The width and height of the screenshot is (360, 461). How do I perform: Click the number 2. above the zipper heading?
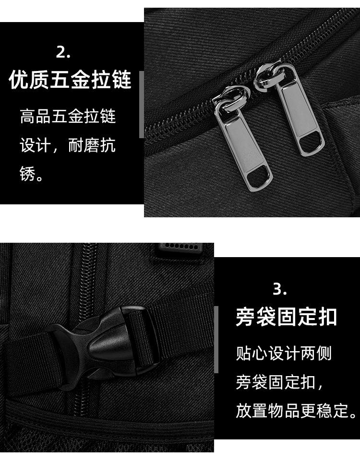coord(63,52)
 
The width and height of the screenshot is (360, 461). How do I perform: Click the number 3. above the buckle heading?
coord(280,289)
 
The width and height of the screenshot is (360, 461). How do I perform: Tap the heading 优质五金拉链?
coord(70,80)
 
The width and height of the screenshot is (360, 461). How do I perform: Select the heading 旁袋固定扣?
coord(286,317)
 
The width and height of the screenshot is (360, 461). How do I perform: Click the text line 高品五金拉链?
coord(68,117)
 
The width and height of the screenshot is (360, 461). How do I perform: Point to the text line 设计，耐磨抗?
coord(68,145)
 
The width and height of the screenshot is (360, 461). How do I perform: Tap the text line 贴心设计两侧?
coord(284,354)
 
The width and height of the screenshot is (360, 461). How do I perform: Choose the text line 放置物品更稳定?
coord(297,411)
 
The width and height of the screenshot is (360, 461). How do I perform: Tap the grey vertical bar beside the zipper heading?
coord(142,105)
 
